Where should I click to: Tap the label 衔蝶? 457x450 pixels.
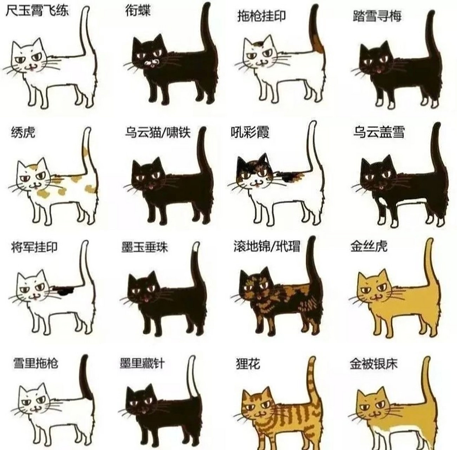[138, 11]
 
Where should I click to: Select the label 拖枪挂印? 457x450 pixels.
[261, 16]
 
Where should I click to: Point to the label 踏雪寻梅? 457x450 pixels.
[377, 16]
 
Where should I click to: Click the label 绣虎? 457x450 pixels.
[23, 133]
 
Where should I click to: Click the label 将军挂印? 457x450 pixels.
[34, 247]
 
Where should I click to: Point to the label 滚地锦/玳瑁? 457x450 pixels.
[267, 247]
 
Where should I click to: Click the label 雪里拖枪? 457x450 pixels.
[35, 363]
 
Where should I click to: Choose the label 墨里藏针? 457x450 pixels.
[142, 363]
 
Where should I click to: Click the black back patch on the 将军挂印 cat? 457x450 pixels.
[63, 290]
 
